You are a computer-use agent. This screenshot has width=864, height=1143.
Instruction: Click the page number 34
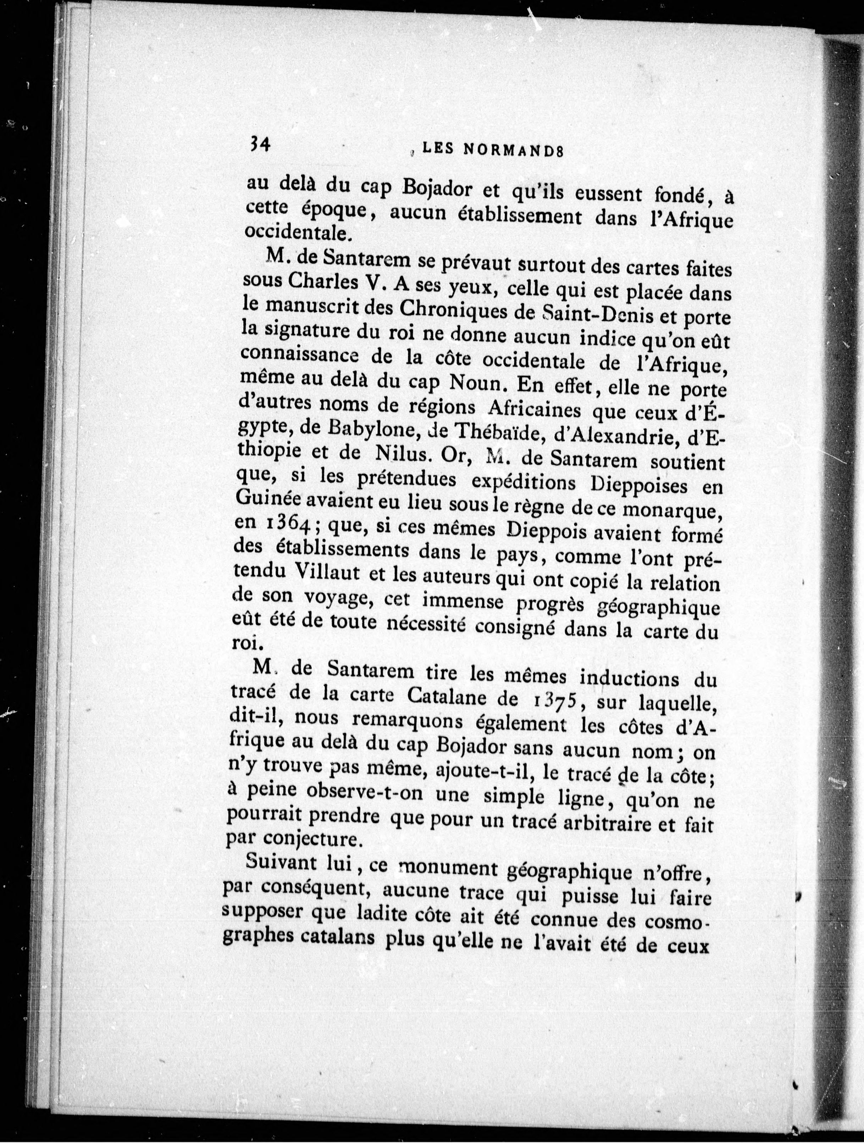pos(257,145)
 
